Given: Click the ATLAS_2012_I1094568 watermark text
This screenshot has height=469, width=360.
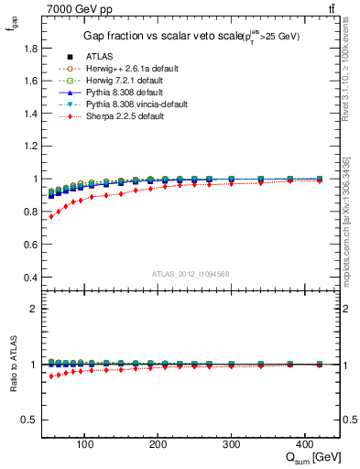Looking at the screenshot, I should coord(190,274).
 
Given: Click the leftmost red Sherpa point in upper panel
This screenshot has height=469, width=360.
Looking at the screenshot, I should coord(51,216).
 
